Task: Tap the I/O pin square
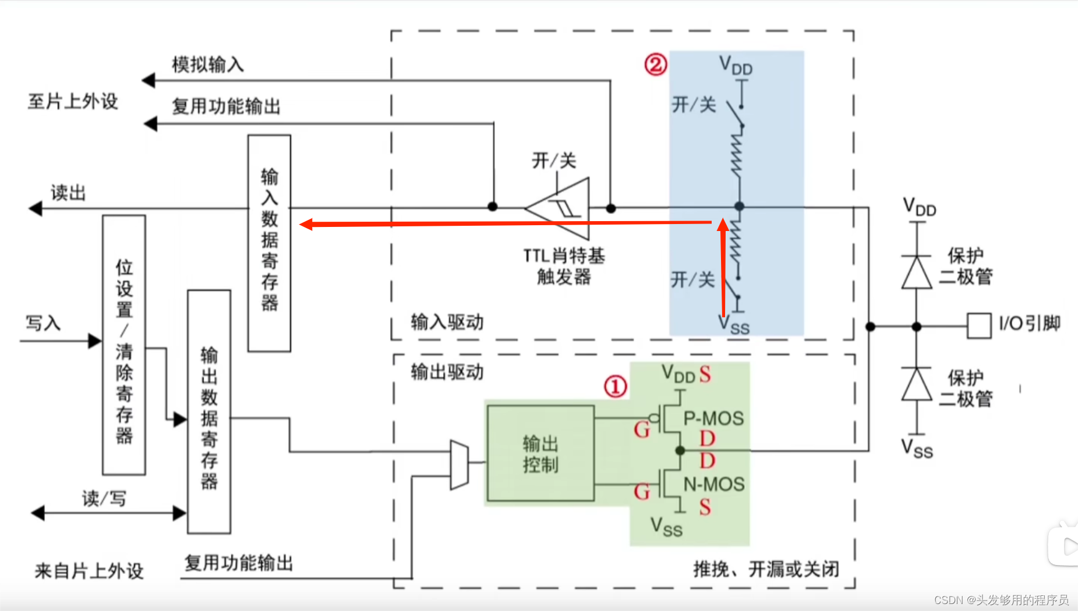point(978,326)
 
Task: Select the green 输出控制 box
point(540,454)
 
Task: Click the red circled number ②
point(655,64)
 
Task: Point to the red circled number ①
point(615,387)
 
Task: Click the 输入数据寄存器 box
point(269,243)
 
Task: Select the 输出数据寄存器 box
point(209,411)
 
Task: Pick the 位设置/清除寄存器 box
point(124,345)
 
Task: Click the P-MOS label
point(713,418)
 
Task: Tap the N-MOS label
point(714,484)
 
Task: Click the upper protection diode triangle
point(917,272)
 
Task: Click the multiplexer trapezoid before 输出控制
point(459,464)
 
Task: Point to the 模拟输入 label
point(208,64)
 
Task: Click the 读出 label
point(68,193)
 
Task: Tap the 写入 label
point(43,323)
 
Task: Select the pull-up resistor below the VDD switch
point(738,154)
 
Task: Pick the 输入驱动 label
point(447,322)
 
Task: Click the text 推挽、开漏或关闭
point(766,569)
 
